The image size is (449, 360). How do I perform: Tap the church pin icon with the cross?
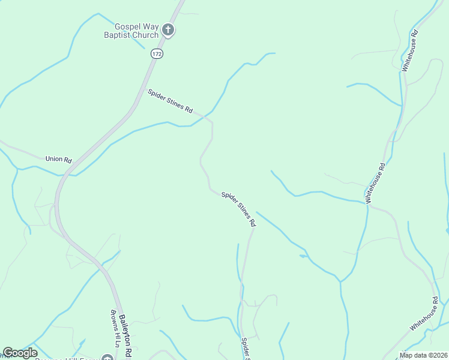pyautogui.click(x=169, y=30)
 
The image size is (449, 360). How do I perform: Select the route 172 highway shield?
pyautogui.click(x=157, y=54)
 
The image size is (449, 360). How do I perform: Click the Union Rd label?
pyautogui.click(x=58, y=160)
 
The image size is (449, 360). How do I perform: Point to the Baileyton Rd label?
pyautogui.click(x=125, y=336)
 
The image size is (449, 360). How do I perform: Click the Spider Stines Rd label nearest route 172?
pyautogui.click(x=170, y=101)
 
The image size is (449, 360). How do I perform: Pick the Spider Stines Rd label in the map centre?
pyautogui.click(x=238, y=208)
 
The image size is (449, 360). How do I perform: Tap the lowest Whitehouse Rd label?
pyautogui.click(x=424, y=313)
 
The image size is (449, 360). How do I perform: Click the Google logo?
pyautogui.click(x=20, y=353)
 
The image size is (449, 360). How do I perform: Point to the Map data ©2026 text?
pyautogui.click(x=423, y=355)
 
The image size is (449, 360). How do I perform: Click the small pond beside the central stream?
pyautogui.click(x=303, y=256)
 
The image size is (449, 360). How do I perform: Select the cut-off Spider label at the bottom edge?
pyautogui.click(x=245, y=348)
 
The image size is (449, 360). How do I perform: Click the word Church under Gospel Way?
pyautogui.click(x=146, y=35)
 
